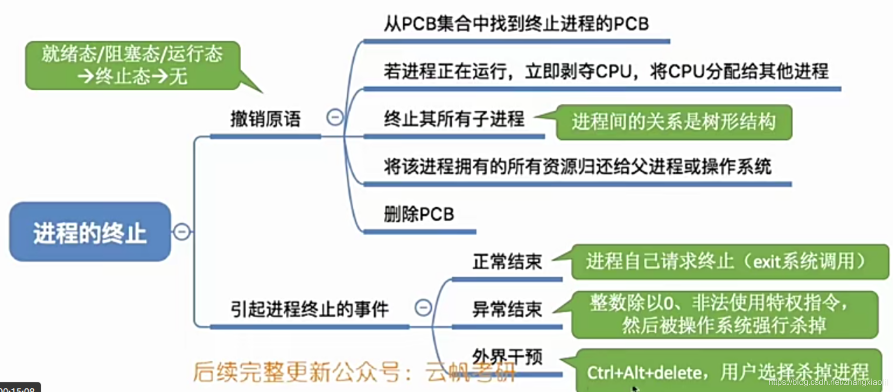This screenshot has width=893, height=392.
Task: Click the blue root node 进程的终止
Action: click(x=90, y=232)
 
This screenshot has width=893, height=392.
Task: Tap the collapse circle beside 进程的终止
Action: click(x=182, y=232)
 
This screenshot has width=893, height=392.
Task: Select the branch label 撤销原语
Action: click(x=265, y=119)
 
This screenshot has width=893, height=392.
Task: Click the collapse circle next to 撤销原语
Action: click(x=335, y=117)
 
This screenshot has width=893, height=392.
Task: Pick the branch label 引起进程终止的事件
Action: click(x=309, y=309)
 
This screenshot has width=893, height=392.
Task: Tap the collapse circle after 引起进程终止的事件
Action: click(x=423, y=308)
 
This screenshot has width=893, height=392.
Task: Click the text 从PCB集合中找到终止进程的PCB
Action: click(x=516, y=24)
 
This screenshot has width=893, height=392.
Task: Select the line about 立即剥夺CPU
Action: click(x=606, y=72)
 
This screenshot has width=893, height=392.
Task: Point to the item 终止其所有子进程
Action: click(x=454, y=119)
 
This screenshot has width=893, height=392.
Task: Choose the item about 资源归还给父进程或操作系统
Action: click(x=577, y=167)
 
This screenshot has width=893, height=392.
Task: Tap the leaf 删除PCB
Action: click(x=419, y=214)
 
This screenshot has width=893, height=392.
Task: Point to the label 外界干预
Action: click(x=507, y=357)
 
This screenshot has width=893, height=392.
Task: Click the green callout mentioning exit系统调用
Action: click(x=729, y=262)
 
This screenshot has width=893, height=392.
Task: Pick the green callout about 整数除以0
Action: click(x=723, y=314)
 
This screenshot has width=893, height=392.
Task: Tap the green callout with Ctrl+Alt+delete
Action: click(x=727, y=371)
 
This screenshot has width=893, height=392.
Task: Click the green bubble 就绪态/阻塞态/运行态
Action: click(x=132, y=65)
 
